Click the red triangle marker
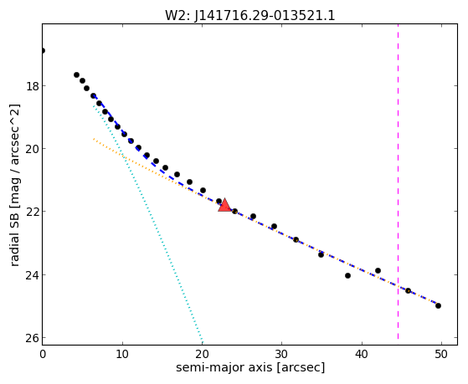[x=224, y=205]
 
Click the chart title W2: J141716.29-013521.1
[x=250, y=16]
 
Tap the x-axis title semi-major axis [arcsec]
[x=250, y=367]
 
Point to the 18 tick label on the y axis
[x=32, y=86]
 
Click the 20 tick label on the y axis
[x=32, y=149]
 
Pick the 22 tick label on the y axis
[x=32, y=212]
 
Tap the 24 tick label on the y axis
[x=32, y=274]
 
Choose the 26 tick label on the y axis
[x=32, y=338]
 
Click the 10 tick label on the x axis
[x=122, y=354]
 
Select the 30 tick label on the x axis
[x=282, y=354]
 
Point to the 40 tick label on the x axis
[x=362, y=354]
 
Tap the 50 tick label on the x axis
[x=441, y=354]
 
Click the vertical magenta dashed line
[x=398, y=182]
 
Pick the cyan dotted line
[x=148, y=223]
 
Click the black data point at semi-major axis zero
[x=43, y=51]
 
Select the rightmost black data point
[x=438, y=306]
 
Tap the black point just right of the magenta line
[x=408, y=290]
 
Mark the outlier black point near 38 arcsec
[x=347, y=276]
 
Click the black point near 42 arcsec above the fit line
[x=378, y=270]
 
